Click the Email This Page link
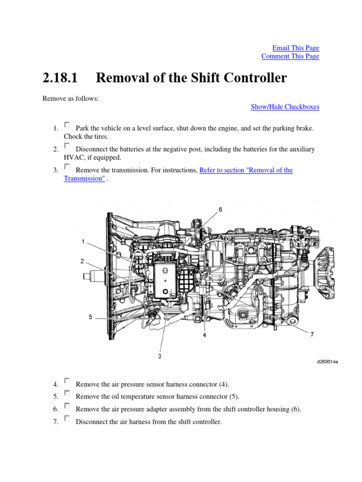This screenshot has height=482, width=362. click(296, 48)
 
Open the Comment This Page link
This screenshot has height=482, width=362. click(290, 56)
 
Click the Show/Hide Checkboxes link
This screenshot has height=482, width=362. click(285, 107)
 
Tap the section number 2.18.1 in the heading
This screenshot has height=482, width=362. click(60, 78)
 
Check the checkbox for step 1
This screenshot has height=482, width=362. click(67, 125)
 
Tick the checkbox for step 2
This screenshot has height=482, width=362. click(67, 146)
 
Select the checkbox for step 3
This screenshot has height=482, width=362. click(67, 167)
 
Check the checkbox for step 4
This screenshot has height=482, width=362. click(67, 380)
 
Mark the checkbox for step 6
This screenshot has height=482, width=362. click(67, 406)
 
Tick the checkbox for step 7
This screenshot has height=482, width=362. click(67, 418)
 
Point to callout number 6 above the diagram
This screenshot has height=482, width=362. click(220, 210)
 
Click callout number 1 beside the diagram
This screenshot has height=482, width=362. click(83, 241)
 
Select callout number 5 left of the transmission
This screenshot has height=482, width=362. click(90, 317)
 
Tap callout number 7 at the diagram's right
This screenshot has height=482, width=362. click(312, 334)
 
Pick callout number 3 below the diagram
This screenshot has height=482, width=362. click(160, 356)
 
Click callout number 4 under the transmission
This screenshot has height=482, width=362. click(205, 336)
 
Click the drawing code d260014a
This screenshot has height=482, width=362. click(327, 362)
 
